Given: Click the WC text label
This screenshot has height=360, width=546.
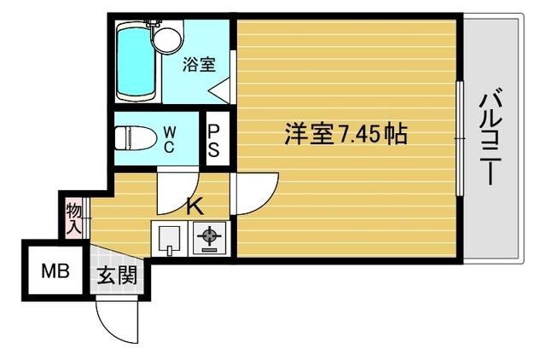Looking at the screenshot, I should pyautogui.click(x=170, y=137).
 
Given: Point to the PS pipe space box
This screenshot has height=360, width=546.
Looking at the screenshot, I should pyautogui.click(x=214, y=139).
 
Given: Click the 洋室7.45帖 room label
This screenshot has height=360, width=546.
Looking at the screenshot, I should pyautogui.click(x=345, y=134).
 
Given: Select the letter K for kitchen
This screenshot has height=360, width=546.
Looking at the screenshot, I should pyautogui.click(x=194, y=205).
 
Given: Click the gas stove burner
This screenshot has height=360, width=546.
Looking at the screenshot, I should pyautogui.click(x=207, y=237).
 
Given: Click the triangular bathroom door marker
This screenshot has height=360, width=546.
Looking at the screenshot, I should pyautogui.click(x=219, y=89).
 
